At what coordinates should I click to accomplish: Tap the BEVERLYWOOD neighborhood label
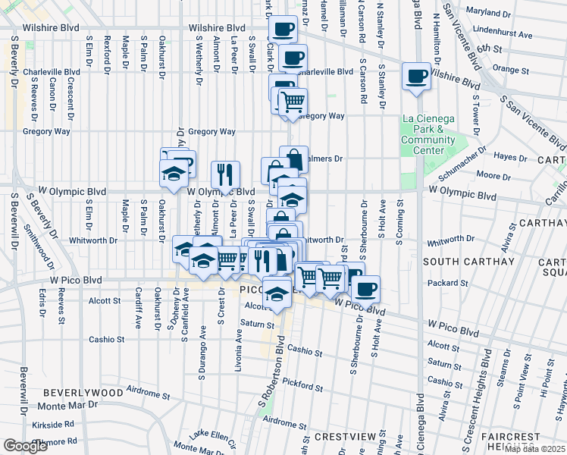pos(83,393)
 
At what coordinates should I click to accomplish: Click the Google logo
pos(25,446)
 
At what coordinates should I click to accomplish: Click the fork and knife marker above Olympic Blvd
pos(225,176)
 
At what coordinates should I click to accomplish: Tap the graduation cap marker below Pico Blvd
pos(277,293)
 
